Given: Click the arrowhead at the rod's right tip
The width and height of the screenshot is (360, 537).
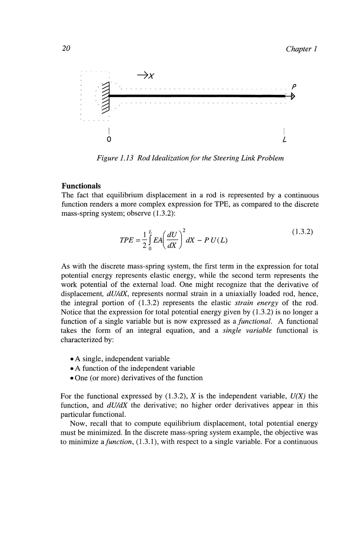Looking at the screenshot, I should (292, 96).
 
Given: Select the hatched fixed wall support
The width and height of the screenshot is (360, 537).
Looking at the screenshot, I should (106, 96).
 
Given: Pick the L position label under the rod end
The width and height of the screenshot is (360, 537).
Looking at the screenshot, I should (284, 140).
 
